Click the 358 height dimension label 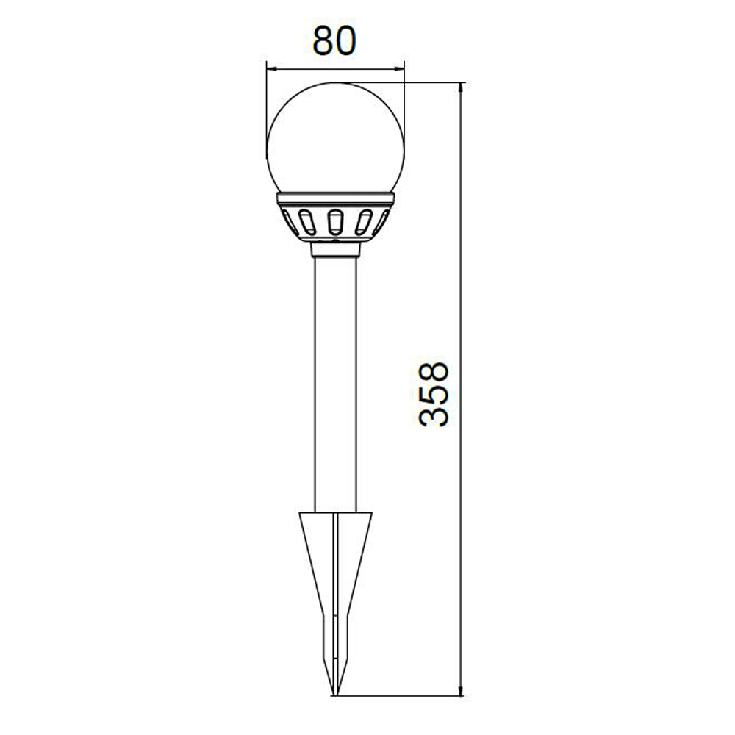(434, 394)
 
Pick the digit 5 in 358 (434, 394)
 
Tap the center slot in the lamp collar (334, 222)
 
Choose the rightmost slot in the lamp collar (384, 220)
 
